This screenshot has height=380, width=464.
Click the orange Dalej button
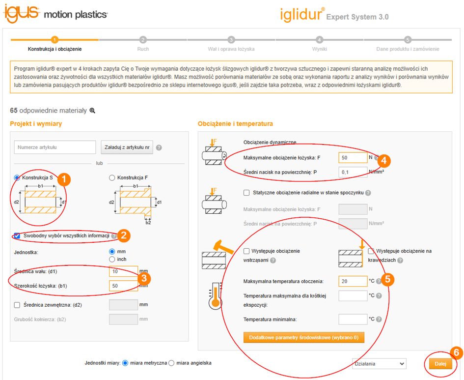point(440,364)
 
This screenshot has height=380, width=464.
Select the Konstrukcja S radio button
point(17,177)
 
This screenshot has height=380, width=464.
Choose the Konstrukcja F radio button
point(112,177)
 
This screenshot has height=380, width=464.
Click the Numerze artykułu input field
point(55,147)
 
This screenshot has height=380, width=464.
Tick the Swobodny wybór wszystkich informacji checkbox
point(17,236)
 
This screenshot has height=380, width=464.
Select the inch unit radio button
point(112,259)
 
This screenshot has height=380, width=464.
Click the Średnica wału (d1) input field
point(123,271)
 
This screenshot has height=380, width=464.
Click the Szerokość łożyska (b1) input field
point(123,286)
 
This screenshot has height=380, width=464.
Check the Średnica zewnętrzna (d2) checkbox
point(17,305)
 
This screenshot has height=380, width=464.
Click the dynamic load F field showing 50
point(353,158)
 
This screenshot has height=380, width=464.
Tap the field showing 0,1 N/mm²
point(353,172)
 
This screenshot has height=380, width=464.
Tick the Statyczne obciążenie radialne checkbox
point(246,193)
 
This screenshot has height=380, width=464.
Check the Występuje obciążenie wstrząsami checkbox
point(246,251)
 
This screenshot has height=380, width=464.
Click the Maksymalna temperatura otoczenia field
point(353,281)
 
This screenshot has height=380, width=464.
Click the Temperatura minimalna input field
point(353,319)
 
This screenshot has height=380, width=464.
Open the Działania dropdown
point(379,364)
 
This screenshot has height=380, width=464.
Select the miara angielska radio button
point(171,363)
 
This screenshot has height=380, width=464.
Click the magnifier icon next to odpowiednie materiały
point(92,111)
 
